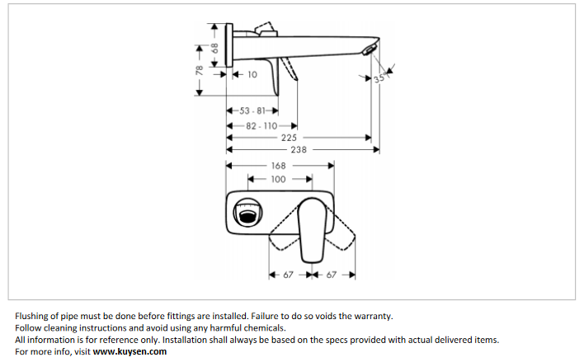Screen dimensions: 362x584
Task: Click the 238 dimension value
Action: click(299, 150)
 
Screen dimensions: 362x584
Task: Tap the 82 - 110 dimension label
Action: click(261, 126)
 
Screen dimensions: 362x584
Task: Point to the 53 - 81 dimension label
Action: click(252, 110)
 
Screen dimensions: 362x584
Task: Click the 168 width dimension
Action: click(278, 166)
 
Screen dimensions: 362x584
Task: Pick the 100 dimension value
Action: click(278, 178)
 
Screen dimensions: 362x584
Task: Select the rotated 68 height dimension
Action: click(214, 49)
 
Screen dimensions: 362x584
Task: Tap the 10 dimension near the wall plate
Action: click(251, 74)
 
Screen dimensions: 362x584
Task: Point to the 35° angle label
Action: click(379, 79)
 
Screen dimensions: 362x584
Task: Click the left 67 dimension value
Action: click(289, 275)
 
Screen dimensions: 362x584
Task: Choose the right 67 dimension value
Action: click(332, 275)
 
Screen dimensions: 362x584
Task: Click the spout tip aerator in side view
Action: click(369, 53)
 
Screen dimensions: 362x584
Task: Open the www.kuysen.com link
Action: click(130, 351)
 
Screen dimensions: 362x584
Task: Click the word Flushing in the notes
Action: click(33, 316)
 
